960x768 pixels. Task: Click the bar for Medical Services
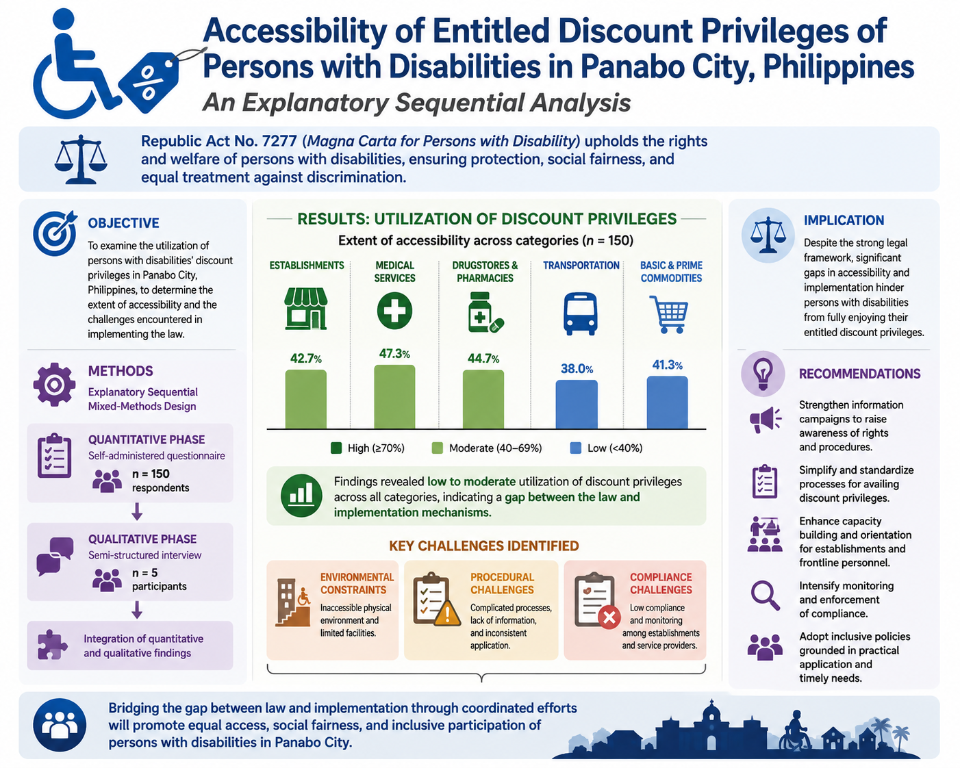[x=394, y=396]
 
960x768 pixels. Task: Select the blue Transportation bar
[x=577, y=404]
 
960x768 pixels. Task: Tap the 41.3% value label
[x=668, y=365]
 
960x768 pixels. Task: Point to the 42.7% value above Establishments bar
[x=305, y=358]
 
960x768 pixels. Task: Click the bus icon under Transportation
[x=580, y=313]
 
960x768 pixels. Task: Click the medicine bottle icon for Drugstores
[x=485, y=312]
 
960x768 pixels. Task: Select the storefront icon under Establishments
[x=305, y=309]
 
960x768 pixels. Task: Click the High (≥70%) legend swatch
[x=336, y=448]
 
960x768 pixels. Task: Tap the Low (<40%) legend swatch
[x=575, y=448]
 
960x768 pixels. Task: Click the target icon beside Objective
[x=55, y=233]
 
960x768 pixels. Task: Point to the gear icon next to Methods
[x=54, y=385]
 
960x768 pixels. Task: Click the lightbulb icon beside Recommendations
[x=763, y=374]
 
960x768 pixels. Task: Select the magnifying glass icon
[x=765, y=596]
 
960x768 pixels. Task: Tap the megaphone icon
[x=765, y=419]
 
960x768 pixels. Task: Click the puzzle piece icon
[x=52, y=645]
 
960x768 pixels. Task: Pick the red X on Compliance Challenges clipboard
[x=609, y=617]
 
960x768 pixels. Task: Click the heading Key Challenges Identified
[x=484, y=546]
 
